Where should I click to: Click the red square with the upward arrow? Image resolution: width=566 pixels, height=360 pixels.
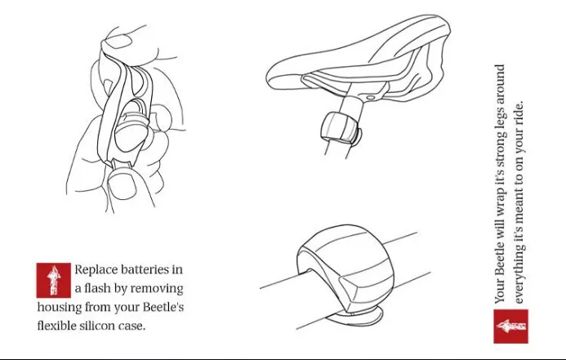53,280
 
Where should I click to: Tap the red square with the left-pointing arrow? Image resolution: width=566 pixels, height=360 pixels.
510,326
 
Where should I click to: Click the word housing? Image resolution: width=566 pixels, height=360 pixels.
59,307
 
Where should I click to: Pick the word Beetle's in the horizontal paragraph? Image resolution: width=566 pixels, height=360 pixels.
163,307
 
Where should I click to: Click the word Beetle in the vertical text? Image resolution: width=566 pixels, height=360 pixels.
500,258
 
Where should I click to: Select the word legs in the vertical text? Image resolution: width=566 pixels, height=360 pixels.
500,117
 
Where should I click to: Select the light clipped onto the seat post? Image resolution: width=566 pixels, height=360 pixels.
341,128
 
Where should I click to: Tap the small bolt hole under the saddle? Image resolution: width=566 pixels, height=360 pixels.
371,97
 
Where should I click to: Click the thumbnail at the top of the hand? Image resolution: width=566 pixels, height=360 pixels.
118,41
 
